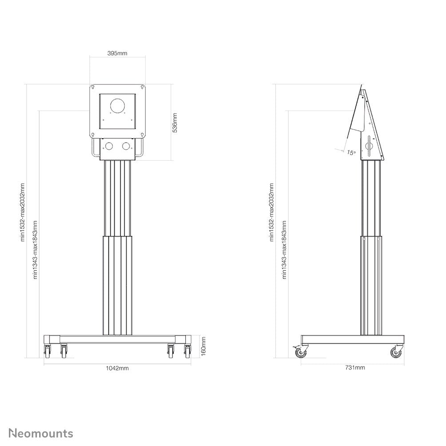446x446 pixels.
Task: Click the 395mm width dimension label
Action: [x=118, y=53]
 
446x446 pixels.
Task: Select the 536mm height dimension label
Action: [x=175, y=122]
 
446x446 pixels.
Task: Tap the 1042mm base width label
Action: [x=118, y=368]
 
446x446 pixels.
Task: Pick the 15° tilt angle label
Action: [x=351, y=153]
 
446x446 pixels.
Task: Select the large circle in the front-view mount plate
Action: [x=118, y=107]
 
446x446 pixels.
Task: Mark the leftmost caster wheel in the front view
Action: [x=48, y=352]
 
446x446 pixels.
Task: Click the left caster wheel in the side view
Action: [x=301, y=353]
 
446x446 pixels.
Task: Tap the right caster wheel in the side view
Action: [x=395, y=353]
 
